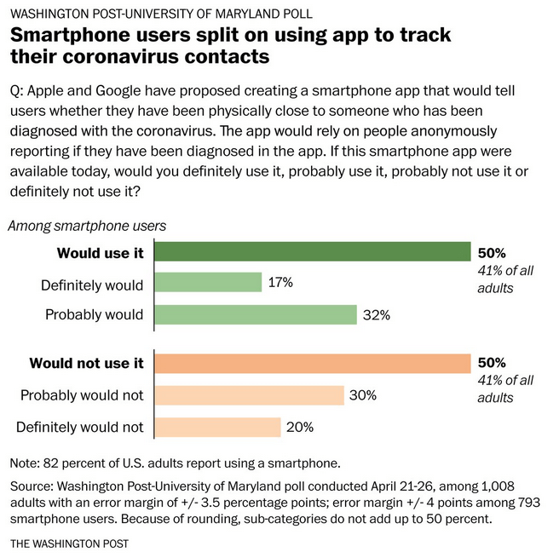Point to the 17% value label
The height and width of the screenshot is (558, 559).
280,283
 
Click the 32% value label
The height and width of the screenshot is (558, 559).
376,314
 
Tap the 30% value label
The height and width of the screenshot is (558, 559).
362,395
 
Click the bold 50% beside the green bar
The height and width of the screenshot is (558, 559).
492,253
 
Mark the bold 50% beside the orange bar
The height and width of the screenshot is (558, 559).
492,364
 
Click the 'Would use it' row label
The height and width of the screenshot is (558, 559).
100,252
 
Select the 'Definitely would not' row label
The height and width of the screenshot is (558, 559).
82,427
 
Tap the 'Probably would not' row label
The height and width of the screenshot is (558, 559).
82,395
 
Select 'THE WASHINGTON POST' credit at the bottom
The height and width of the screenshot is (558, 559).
70,543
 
